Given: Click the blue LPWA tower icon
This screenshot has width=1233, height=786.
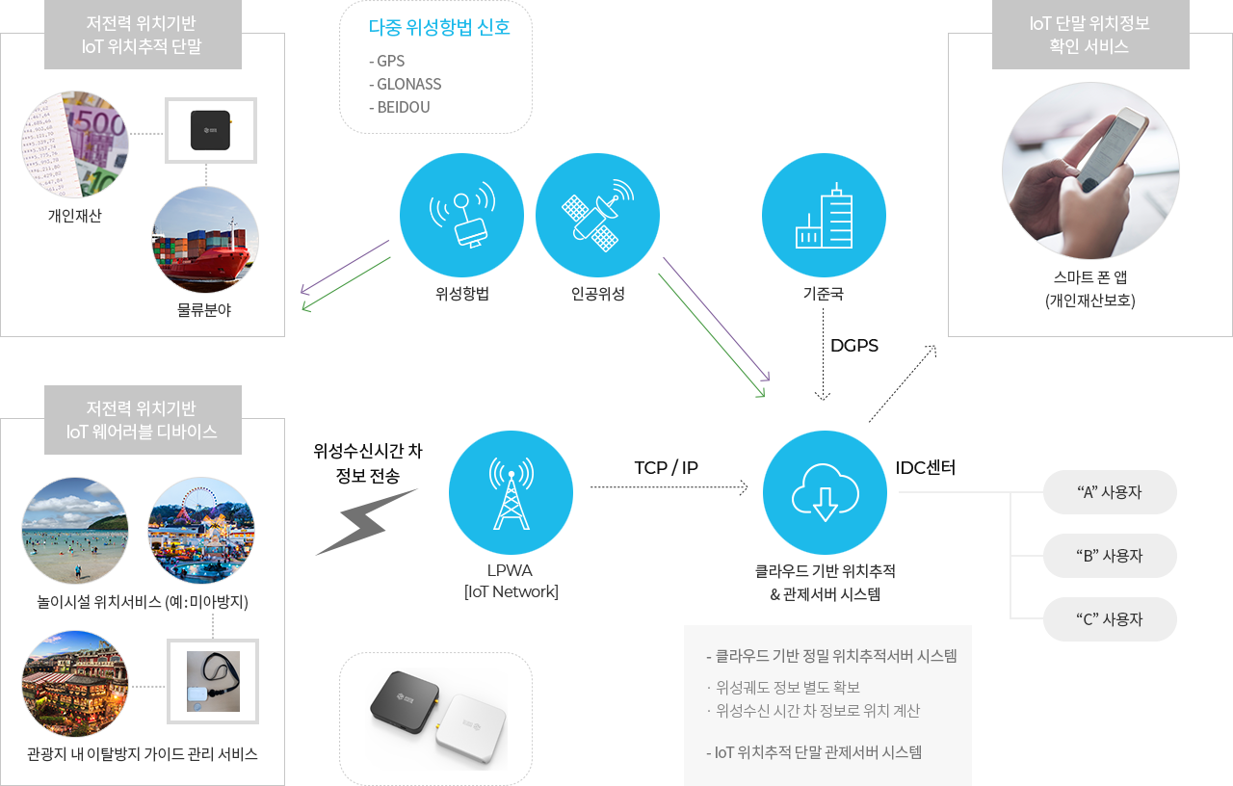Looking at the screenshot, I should (512, 492).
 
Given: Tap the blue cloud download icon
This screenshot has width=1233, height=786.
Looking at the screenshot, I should (825, 492).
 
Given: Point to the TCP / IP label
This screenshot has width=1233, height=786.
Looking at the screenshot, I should (666, 468).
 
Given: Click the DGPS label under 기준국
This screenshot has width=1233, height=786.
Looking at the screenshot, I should (853, 345).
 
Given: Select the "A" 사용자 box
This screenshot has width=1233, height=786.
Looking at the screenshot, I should (1110, 492).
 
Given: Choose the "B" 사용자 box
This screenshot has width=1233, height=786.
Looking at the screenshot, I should (1110, 556).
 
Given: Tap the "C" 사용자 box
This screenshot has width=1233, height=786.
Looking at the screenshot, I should (1110, 619).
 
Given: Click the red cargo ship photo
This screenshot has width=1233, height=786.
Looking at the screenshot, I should (205, 240).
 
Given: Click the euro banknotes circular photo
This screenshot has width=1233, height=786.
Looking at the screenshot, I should (75, 144).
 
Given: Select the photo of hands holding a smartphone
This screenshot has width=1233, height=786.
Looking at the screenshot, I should (1090, 170).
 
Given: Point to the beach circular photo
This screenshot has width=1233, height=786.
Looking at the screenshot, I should (75, 531).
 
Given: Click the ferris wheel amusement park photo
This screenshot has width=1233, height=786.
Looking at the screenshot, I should (201, 531).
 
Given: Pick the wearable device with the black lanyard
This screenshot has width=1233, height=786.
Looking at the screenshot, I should (212, 681).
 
